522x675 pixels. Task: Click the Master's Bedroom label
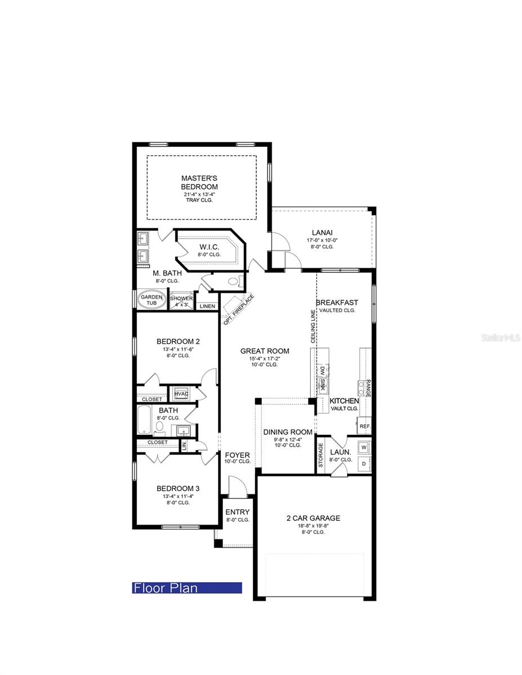(x=199, y=182)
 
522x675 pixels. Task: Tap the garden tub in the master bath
(x=151, y=299)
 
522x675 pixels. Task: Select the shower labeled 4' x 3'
(x=181, y=300)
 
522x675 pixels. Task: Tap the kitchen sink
(x=323, y=385)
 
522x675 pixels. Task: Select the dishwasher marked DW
(x=322, y=372)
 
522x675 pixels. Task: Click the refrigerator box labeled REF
(x=364, y=426)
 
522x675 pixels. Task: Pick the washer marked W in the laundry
(x=364, y=447)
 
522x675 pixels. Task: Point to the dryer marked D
(x=364, y=464)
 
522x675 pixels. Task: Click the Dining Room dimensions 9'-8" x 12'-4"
(x=287, y=439)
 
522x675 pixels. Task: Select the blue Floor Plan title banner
(x=187, y=588)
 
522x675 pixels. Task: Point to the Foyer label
(x=237, y=454)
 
